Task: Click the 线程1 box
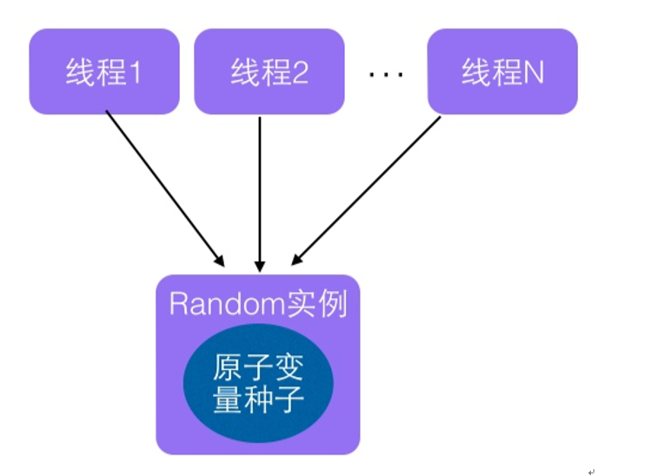pos(104,72)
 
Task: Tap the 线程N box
pos(502,72)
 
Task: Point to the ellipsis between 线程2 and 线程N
pos(386,75)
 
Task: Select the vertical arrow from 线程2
pos(259,187)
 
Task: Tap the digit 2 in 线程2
pos(300,73)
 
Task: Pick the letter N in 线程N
pos(534,73)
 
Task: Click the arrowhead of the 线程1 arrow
pos(218,259)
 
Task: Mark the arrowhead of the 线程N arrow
pos(296,258)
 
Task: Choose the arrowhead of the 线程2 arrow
pos(259,263)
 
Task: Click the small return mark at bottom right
pos(591,470)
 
